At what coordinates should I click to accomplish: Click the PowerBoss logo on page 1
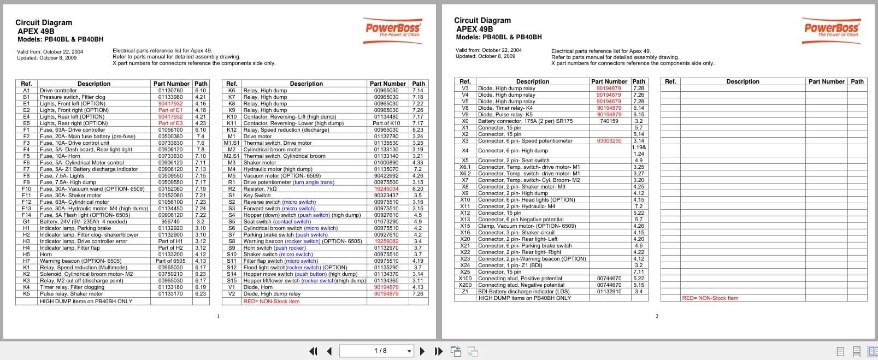(x=393, y=28)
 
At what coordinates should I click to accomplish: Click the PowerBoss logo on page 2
(x=832, y=28)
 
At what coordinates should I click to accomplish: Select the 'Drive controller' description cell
(x=58, y=91)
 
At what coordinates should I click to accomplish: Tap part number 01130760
(x=170, y=91)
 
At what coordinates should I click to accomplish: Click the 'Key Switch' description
(x=257, y=196)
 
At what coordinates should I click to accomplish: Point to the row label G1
(x=26, y=222)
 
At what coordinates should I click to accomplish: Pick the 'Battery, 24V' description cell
(x=84, y=222)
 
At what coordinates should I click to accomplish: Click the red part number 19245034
(x=386, y=189)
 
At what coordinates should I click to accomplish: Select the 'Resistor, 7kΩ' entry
(x=260, y=189)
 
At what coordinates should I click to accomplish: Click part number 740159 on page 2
(x=609, y=121)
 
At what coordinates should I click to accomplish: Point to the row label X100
(x=465, y=279)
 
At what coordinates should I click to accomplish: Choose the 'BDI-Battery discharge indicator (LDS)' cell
(x=524, y=292)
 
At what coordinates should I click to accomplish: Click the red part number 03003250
(x=609, y=141)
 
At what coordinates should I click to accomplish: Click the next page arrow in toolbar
(x=422, y=351)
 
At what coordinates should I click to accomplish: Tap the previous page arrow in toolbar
(x=329, y=351)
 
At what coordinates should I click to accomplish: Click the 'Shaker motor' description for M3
(x=260, y=163)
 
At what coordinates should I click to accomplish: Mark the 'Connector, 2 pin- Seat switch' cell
(x=514, y=161)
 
